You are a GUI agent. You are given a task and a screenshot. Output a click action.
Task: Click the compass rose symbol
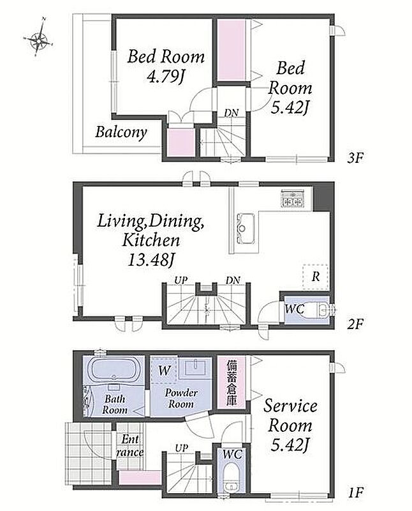pyautogui.click(x=38, y=38)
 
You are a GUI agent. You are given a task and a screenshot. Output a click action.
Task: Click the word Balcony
pyautogui.click(x=121, y=132)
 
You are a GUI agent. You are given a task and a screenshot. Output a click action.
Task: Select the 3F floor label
pyautogui.click(x=355, y=158)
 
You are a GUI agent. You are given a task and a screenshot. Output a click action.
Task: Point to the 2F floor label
pyautogui.click(x=355, y=324)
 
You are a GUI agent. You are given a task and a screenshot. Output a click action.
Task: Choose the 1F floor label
pyautogui.click(x=355, y=492)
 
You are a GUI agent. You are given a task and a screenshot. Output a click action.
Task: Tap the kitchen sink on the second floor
pyautogui.click(x=245, y=227)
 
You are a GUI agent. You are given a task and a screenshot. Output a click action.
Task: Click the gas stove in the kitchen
pyautogui.click(x=293, y=198)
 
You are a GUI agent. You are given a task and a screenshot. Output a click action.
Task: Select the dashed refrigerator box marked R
pyautogui.click(x=315, y=277)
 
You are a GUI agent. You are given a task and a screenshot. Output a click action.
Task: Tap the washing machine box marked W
pyautogui.click(x=165, y=370)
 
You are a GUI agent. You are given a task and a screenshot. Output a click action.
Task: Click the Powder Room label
pyautogui.click(x=181, y=398)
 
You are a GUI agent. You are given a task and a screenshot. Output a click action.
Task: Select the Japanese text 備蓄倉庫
pyautogui.click(x=232, y=383)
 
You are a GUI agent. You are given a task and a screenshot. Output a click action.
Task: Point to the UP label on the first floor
pyautogui.click(x=181, y=448)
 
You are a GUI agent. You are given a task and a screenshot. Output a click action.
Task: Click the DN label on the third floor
pyautogui.click(x=232, y=113)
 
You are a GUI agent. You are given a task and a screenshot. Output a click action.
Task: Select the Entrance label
pyautogui.click(x=130, y=446)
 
